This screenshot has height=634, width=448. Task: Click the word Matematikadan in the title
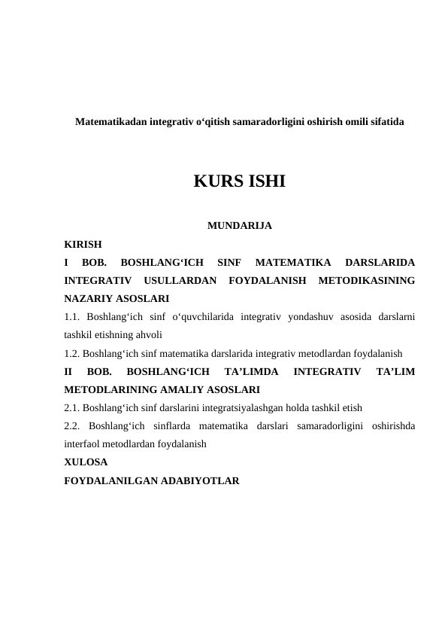[x=111, y=120]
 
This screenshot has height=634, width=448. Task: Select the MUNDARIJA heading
[x=239, y=225]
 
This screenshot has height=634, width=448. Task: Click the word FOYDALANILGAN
[x=110, y=479]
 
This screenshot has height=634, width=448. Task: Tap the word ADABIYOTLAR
[x=199, y=479]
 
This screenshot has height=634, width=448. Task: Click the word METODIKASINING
[x=367, y=281]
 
